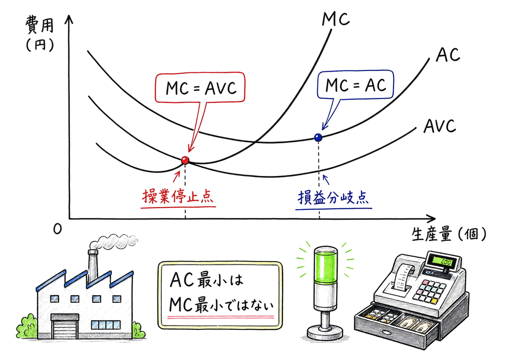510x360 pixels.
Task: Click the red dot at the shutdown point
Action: (x=185, y=160)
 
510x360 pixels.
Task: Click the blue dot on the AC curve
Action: (x=318, y=137)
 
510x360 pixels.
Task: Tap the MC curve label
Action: (x=336, y=19)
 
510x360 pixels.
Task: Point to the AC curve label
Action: (x=448, y=55)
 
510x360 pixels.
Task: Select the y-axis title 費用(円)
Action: (x=38, y=33)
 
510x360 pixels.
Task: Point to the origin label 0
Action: (x=58, y=230)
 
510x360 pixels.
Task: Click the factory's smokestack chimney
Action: (x=94, y=265)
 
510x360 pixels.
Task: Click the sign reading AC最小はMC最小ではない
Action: (x=220, y=295)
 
